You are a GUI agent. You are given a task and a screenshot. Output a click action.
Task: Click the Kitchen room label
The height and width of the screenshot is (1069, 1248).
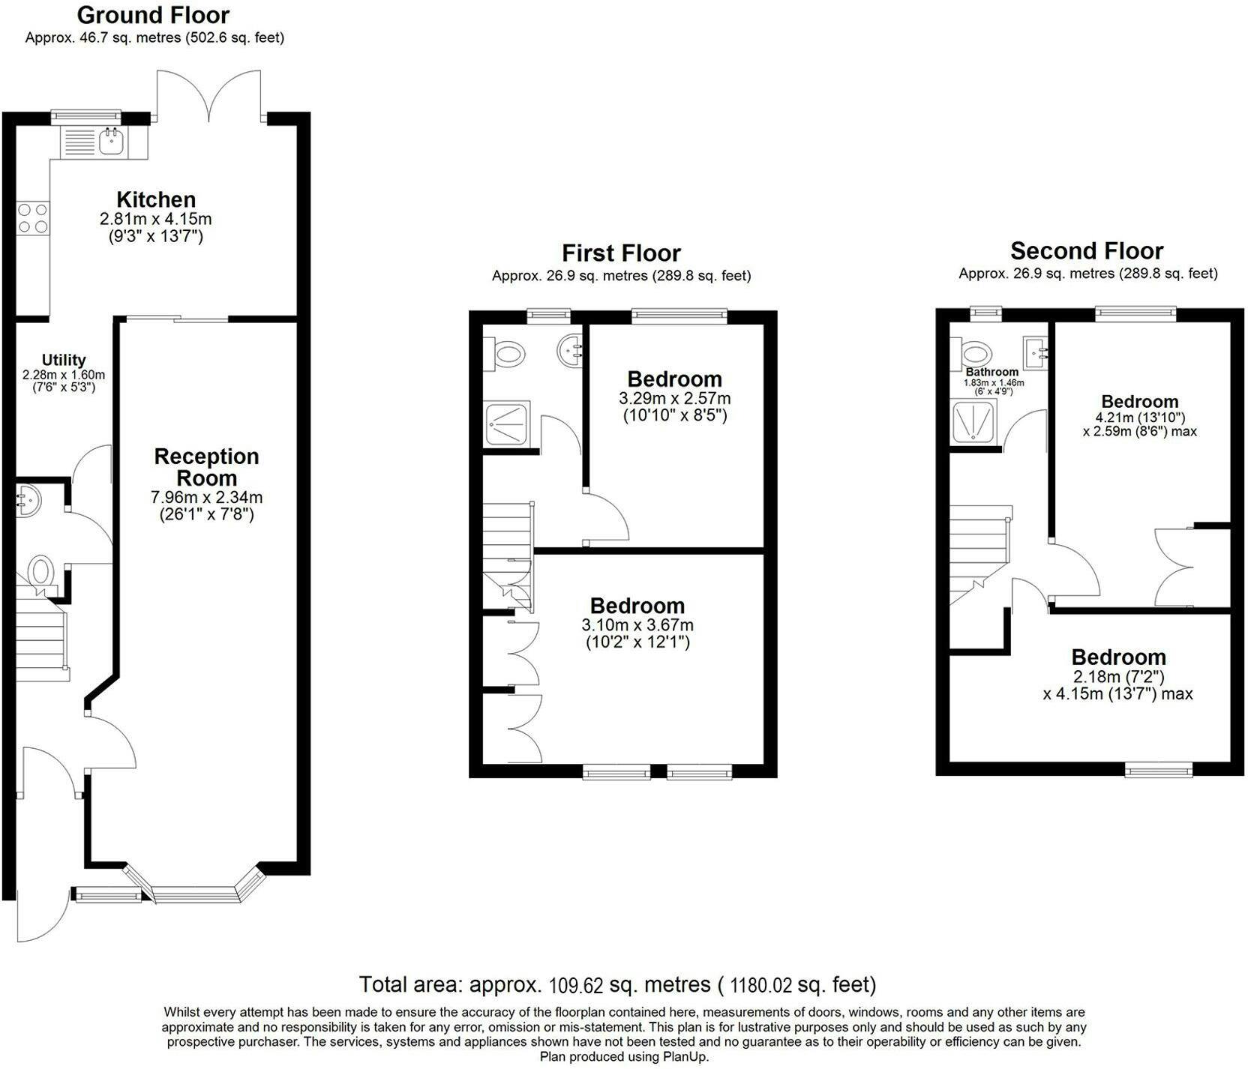click(x=156, y=199)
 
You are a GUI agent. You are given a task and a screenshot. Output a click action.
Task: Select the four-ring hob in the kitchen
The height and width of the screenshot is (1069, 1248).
click(x=33, y=217)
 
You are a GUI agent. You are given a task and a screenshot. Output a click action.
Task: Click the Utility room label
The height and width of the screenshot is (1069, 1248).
click(x=64, y=360)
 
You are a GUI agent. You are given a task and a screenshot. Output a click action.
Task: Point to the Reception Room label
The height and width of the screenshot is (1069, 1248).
click(x=206, y=467)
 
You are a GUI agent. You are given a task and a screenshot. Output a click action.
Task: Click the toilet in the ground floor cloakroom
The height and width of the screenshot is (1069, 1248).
click(x=39, y=573)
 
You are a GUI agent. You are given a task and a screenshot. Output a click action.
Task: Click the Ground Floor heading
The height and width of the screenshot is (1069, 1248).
click(x=153, y=15)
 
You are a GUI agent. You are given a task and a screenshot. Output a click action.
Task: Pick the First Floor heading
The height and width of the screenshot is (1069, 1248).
click(x=621, y=253)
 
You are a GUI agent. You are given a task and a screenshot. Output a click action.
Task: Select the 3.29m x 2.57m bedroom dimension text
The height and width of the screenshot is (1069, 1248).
click(x=675, y=398)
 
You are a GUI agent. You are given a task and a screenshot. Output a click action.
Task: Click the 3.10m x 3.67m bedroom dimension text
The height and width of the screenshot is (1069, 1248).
click(x=637, y=625)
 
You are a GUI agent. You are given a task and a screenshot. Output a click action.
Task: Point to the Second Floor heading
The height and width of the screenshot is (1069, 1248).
click(x=1087, y=250)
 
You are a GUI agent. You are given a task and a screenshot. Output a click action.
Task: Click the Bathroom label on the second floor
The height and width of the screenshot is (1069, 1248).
click(x=992, y=372)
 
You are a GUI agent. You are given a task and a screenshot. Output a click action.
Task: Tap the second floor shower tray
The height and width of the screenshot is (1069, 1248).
click(x=974, y=421)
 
